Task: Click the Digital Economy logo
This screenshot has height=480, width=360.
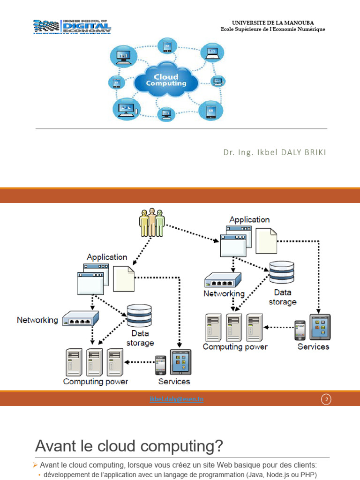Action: click(72, 27)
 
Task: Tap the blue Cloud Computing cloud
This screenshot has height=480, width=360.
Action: click(166, 81)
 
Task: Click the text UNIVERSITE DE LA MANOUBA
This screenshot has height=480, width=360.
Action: click(273, 22)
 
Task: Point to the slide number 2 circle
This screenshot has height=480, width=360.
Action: click(326, 399)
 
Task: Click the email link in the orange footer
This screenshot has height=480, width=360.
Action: click(177, 399)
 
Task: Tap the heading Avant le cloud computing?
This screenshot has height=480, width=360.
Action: click(129, 446)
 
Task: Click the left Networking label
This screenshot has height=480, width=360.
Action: click(37, 320)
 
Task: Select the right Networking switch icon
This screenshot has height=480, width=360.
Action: click(223, 280)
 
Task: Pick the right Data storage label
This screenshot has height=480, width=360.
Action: click(283, 298)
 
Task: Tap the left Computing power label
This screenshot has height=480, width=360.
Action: click(96, 382)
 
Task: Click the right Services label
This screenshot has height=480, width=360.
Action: click(314, 347)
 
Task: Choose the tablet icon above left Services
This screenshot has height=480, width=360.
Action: click(180, 362)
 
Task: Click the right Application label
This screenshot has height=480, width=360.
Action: click(249, 219)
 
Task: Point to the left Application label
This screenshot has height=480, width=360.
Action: click(107, 257)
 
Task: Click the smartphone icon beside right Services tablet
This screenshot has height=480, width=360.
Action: click(300, 330)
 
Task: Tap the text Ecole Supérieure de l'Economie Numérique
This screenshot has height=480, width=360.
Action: click(273, 30)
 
